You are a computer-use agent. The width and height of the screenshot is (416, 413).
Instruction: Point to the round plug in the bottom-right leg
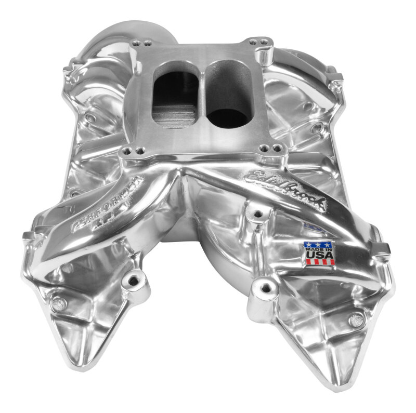click(x=356, y=321)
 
